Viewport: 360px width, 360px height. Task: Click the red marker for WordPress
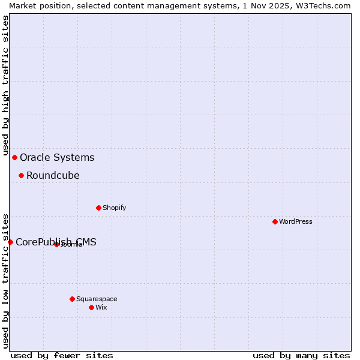tap(275, 221)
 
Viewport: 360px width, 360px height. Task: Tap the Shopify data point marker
tap(98, 208)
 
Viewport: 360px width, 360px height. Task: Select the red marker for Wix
tap(91, 307)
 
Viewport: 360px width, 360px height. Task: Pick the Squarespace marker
tap(72, 299)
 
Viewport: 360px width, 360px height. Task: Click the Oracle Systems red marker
tap(14, 157)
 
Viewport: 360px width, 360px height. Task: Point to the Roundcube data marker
tap(21, 175)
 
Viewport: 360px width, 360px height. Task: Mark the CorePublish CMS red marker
tap(10, 242)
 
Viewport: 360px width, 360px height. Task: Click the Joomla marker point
tap(56, 244)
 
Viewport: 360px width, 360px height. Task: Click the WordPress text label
tap(296, 221)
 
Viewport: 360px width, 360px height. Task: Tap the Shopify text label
tap(114, 208)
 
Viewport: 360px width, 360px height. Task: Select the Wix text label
tap(101, 307)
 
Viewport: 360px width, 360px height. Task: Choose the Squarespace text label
tap(97, 299)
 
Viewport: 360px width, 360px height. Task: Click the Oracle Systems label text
tap(57, 158)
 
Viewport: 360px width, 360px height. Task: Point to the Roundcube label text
tap(53, 176)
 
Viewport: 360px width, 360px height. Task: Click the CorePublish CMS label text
tap(56, 242)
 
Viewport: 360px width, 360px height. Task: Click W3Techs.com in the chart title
tap(322, 5)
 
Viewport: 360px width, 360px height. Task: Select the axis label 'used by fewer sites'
tap(62, 355)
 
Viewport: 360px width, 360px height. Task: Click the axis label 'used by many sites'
tap(301, 355)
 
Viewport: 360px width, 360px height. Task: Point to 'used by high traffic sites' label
tap(5, 86)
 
